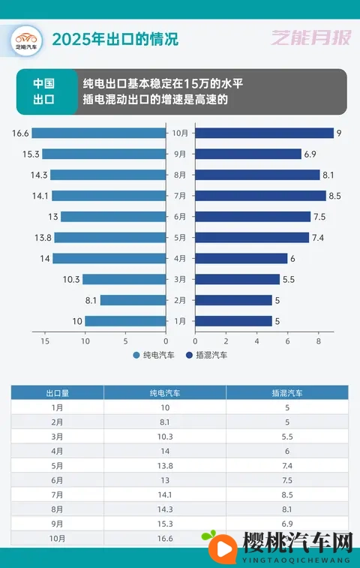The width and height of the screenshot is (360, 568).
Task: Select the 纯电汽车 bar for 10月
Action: tap(98, 134)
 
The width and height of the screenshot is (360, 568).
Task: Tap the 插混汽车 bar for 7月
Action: tap(260, 196)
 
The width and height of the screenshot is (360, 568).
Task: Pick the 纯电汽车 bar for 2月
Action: tap(133, 300)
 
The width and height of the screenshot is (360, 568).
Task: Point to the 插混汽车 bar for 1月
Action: tap(233, 321)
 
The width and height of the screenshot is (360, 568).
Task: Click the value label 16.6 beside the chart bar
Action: tap(20, 134)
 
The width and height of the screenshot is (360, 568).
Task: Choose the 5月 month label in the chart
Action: tap(180, 238)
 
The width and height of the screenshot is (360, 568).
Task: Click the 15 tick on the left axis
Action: tap(45, 341)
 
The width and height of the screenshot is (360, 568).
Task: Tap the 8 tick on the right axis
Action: tap(319, 341)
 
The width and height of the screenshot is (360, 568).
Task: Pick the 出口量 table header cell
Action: tap(57, 392)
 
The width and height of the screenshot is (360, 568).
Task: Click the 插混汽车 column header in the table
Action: tap(286, 392)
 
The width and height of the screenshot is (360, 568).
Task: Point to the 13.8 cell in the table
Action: tap(164, 465)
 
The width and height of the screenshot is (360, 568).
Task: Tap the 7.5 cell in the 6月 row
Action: tap(286, 479)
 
